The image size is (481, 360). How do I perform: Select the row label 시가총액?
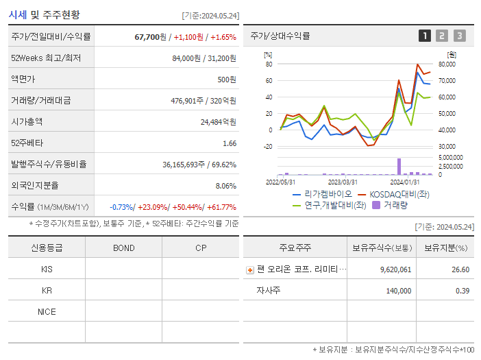27,121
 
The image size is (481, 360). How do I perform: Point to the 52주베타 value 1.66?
230,143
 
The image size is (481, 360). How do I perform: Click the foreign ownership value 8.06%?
225,185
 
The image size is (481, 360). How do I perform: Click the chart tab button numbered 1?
425,36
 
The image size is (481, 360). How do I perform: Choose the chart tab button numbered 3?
459,36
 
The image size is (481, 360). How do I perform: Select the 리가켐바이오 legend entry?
321,193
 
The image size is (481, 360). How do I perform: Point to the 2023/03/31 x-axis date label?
343,182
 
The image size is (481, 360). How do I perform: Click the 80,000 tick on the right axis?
447,64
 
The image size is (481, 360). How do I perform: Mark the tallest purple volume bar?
399,167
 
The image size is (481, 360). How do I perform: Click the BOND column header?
123,248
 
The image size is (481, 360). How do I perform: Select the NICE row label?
47,311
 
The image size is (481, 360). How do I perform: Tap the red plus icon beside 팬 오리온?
250,269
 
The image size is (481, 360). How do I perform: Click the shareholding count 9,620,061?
395,269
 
